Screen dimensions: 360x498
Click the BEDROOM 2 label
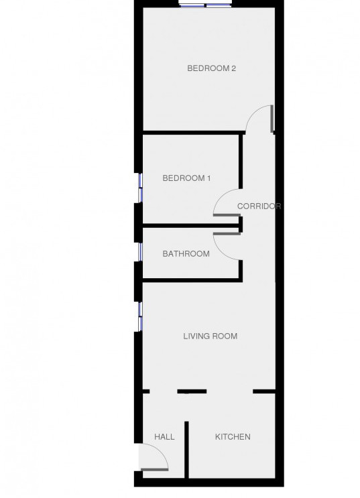(211, 68)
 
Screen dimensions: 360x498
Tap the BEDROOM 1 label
(186, 178)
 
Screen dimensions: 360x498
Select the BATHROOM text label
(186, 254)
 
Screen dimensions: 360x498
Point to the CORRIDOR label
(259, 206)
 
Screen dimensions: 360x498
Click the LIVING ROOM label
(211, 336)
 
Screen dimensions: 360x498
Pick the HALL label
(164, 437)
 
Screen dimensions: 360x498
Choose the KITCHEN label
(233, 437)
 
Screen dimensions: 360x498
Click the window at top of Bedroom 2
(205, 5)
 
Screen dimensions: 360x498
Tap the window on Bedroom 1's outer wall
(140, 188)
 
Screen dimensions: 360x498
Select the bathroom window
(140, 252)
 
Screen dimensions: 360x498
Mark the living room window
(140, 316)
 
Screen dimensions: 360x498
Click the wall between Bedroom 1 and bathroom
(190, 226)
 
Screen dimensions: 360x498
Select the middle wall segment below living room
(192, 391)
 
